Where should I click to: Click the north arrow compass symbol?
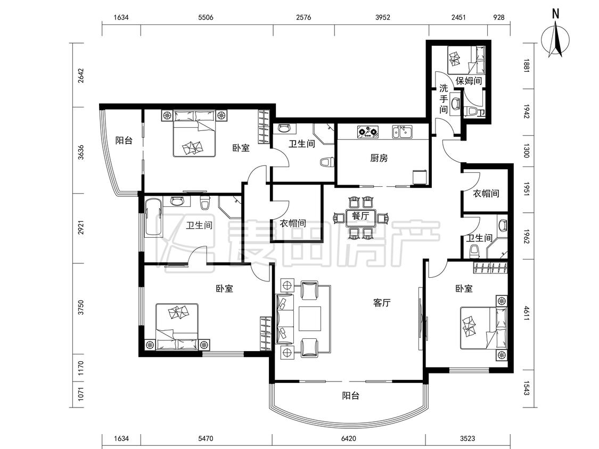coord(555,38)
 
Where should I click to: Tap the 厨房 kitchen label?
coord(379,157)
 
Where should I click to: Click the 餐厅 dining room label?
coord(360,215)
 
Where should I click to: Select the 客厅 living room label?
coord(382,303)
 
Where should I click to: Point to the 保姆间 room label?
coord(469,80)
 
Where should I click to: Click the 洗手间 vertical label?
coord(443,99)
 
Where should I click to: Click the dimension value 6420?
coord(349,438)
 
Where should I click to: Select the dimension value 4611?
coord(527,313)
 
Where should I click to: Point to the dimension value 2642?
coord(80,76)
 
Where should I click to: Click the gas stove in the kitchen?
coord(367,132)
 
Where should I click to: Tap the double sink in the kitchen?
coord(402,132)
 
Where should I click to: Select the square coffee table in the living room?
coord(310,318)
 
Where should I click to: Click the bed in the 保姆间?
coord(466,60)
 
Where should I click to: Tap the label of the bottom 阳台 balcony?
coord(350,396)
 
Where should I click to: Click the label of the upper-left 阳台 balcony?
coord(124,140)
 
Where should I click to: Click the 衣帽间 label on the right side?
coord(486,193)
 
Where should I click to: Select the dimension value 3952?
coord(383,17)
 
